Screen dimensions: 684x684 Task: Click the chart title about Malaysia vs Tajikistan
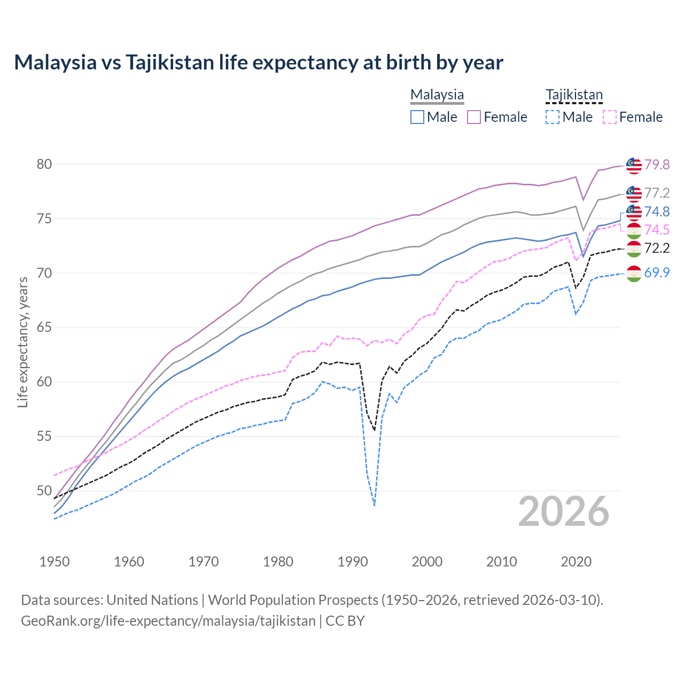pos(259,63)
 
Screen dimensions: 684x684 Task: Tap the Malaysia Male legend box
pos(417,117)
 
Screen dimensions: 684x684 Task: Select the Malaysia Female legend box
pos(474,117)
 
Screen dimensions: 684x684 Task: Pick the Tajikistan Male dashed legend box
pos(553,117)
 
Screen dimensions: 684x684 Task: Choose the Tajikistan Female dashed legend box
pos(609,117)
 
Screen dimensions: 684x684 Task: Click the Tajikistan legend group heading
pos(574,95)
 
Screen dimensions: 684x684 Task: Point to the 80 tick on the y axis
pos(44,164)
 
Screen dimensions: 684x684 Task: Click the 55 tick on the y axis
pos(44,436)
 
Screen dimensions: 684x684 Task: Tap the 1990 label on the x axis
pos(353,562)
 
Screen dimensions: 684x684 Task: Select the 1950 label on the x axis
pos(55,562)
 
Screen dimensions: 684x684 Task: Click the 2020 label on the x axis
pos(576,562)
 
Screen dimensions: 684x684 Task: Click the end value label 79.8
pos(657,165)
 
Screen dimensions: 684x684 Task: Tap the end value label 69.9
pos(657,273)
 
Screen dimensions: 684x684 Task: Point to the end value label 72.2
pos(657,248)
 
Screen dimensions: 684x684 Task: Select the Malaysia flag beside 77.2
pos(634,193)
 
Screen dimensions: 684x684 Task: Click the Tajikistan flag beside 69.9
pos(634,273)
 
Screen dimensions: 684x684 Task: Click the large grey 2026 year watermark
pos(564,511)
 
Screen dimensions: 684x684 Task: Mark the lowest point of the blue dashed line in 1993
pos(375,505)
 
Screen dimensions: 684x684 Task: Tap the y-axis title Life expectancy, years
pos(22,343)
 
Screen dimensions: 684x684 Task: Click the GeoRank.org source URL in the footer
pos(168,621)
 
